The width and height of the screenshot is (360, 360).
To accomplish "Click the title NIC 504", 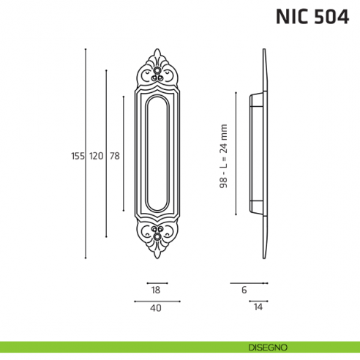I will click(310, 17).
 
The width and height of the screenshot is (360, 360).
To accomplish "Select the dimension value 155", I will click(78, 155).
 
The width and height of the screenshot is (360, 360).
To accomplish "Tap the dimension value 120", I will click(97, 155).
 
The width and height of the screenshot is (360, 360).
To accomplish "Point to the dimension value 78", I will click(114, 155).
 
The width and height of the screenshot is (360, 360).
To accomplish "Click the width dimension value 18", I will click(155, 290).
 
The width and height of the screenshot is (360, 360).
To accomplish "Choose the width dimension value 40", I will click(155, 308).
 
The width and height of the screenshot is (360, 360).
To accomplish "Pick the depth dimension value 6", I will click(244, 290).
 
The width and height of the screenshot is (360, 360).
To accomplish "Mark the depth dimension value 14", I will click(258, 308).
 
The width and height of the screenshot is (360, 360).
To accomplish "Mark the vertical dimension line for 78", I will click(124, 110).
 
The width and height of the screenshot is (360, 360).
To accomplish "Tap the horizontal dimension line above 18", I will click(157, 282).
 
